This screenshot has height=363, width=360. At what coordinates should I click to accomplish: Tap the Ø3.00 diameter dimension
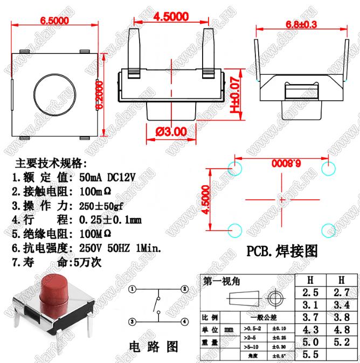click(170, 130)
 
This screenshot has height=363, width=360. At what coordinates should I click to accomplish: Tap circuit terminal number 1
click(132, 289)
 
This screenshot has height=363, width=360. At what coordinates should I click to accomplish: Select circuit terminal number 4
click(184, 322)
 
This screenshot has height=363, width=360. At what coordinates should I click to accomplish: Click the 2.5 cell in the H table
click(310, 293)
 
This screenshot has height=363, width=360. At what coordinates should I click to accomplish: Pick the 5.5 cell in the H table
click(310, 355)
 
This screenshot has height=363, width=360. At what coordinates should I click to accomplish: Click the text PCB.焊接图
click(282, 251)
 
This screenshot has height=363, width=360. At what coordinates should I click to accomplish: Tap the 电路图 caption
click(154, 346)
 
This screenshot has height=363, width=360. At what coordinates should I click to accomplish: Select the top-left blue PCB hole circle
click(234, 168)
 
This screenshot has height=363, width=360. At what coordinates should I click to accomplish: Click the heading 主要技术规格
click(51, 163)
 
